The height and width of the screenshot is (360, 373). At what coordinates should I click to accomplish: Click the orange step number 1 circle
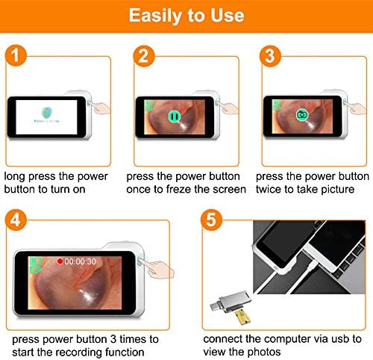point(16,55)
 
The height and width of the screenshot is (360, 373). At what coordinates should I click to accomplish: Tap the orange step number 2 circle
point(144,56)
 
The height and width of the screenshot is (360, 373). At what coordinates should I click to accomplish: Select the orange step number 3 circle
point(270,56)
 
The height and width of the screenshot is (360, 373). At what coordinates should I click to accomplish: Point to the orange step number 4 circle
point(16,220)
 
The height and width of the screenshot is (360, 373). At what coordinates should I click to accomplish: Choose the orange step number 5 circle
point(211,220)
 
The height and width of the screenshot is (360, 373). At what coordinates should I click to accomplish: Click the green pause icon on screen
point(175,117)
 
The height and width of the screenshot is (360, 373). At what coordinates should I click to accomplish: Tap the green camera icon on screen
point(302,114)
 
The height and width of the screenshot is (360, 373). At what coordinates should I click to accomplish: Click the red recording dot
point(60,261)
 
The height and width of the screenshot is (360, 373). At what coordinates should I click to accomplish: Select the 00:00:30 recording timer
point(80,261)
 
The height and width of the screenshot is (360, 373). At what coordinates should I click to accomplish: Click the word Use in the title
point(227,16)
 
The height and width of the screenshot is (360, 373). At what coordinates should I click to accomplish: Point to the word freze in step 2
point(179,189)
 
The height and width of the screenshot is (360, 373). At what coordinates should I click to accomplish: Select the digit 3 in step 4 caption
point(113,339)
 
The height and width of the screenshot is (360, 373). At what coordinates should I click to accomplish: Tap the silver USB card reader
point(231,302)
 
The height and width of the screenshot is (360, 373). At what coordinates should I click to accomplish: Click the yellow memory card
point(242,317)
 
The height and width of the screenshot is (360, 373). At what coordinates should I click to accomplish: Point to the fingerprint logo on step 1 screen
point(47,113)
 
